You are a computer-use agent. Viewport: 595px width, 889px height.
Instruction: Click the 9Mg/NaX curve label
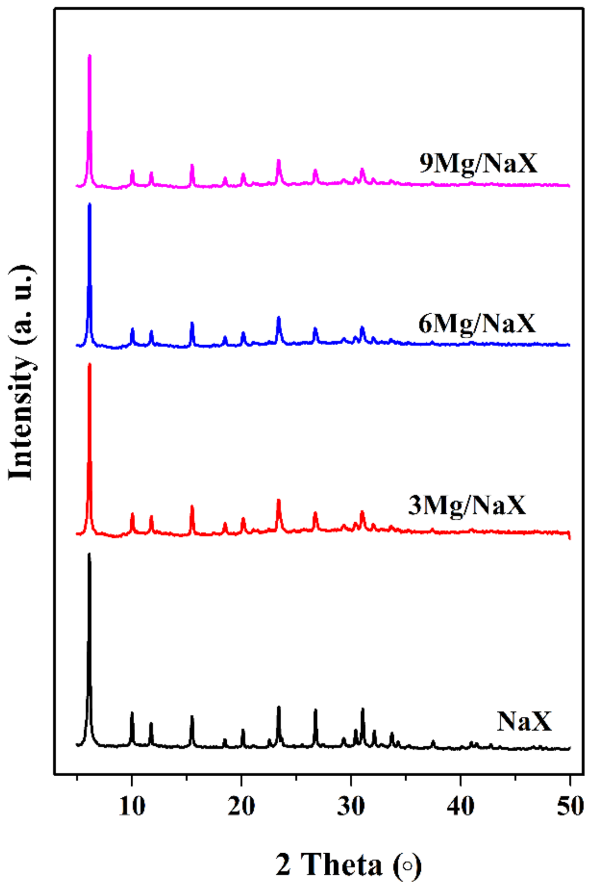coord(478,163)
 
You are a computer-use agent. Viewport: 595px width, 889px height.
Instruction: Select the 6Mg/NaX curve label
coord(477,323)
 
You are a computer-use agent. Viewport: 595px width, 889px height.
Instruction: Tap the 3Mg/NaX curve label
coord(467,505)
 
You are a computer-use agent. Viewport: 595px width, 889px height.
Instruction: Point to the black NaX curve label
coord(524,721)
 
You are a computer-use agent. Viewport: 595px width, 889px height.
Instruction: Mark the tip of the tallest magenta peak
coord(89,55)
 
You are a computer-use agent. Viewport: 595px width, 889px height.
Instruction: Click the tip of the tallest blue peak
coord(89,204)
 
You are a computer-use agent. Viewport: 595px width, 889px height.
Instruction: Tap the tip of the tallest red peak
coord(89,364)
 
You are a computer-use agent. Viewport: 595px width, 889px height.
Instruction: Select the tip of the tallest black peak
coord(89,554)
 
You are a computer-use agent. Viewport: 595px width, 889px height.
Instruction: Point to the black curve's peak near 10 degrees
coord(132,713)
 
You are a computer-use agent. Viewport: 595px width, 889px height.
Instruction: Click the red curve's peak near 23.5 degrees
coord(279,500)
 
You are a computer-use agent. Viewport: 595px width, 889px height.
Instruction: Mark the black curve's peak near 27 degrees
coord(315,710)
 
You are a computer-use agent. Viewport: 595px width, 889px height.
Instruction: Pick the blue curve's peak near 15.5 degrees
coord(192,323)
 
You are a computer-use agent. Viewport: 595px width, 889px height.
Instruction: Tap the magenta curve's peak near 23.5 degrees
coord(279,160)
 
